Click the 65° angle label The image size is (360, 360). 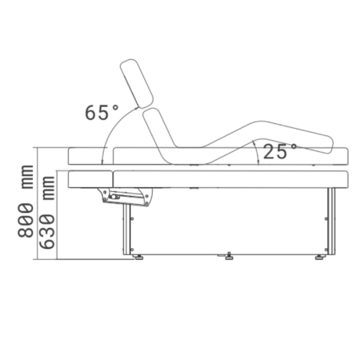point(102,112)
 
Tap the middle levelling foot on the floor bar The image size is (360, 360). point(230,256)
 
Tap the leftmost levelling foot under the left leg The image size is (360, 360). point(138,257)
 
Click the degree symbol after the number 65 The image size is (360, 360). point(115,106)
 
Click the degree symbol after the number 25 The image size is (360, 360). point(294,146)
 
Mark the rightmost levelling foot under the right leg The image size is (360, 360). point(320,257)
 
